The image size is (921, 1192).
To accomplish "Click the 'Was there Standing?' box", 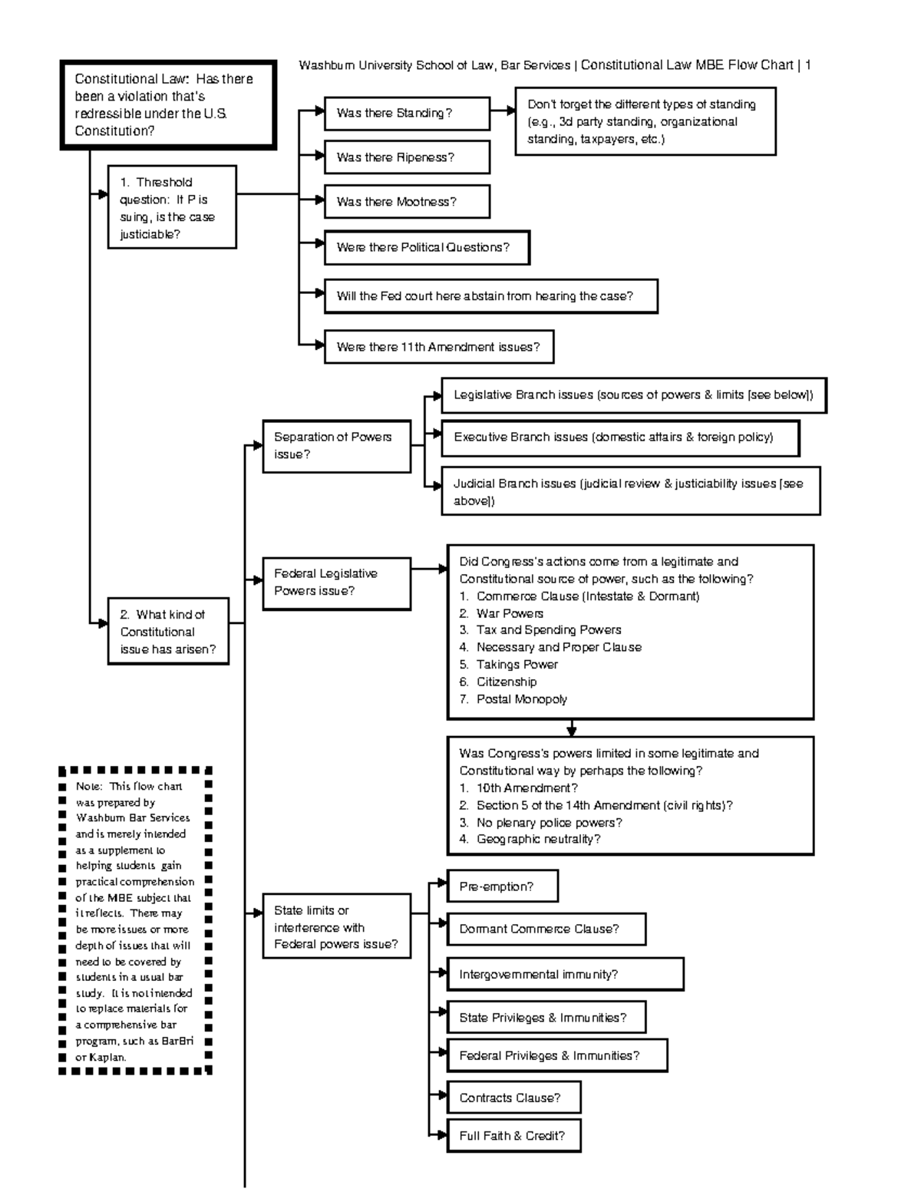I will (407, 114).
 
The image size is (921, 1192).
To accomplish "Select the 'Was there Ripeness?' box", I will (407, 157).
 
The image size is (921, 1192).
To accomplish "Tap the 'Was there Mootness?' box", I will (407, 202).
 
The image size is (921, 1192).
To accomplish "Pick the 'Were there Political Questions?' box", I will (427, 247).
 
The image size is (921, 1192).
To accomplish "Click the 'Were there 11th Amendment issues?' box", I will (438, 347).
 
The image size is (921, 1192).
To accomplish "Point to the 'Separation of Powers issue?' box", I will (336, 445).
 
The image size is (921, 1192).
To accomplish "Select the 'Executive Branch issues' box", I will (620, 438).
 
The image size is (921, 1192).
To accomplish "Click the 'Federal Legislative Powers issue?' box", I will (336, 583).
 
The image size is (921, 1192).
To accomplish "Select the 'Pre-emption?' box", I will (502, 887).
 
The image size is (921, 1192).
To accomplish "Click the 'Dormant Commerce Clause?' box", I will (546, 929).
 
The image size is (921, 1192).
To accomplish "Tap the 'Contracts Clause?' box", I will (513, 1098).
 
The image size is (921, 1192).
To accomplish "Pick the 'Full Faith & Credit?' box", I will (513, 1136).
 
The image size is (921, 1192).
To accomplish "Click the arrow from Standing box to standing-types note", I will (503, 111).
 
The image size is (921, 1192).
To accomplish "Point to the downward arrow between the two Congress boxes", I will (571, 728).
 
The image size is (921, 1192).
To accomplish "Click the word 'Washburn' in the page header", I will (327, 65).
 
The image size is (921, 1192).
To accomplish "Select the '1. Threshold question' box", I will (172, 207).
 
